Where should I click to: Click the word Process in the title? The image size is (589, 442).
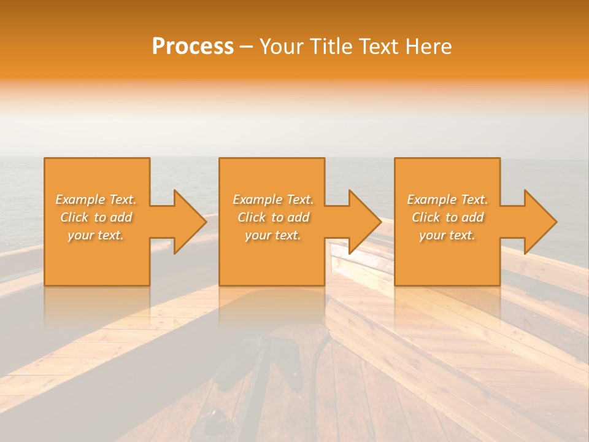(x=193, y=47)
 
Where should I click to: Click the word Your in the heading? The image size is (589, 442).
(x=282, y=47)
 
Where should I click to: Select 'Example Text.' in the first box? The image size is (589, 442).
(x=96, y=200)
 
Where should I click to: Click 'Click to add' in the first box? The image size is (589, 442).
(x=96, y=217)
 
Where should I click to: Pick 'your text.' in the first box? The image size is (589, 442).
(x=96, y=235)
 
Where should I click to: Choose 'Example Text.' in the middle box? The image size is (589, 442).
(x=273, y=200)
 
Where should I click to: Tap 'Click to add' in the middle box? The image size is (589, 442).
(x=273, y=217)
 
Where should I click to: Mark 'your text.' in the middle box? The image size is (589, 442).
(x=273, y=235)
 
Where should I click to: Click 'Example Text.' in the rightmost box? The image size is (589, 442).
(x=447, y=200)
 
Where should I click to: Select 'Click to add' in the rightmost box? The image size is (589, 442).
(x=447, y=217)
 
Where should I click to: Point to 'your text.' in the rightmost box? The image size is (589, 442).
(x=447, y=235)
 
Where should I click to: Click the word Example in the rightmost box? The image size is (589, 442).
(x=432, y=200)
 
